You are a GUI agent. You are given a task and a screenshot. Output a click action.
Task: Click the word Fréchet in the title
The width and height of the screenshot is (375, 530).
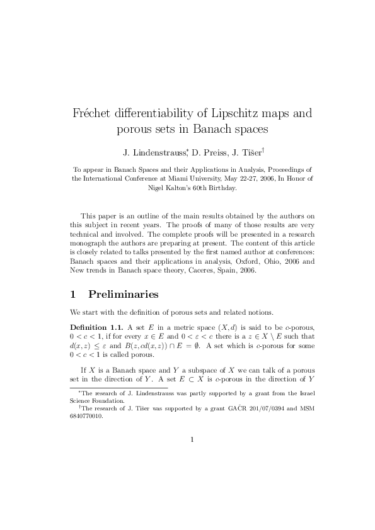pyautogui.click(x=96, y=115)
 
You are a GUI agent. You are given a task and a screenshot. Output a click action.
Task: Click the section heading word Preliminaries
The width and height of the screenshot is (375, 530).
pyautogui.click(x=124, y=294)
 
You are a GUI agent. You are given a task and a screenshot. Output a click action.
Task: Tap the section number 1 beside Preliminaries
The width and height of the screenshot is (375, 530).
pyautogui.click(x=74, y=294)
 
